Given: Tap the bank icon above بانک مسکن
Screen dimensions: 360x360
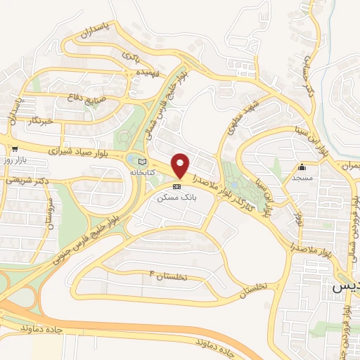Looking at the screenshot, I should point(176,186).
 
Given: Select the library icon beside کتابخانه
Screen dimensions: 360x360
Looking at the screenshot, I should point(144,162).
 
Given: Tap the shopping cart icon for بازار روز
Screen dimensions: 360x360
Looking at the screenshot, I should point(14,148).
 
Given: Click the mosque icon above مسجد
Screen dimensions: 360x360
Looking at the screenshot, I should point(302,167).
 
